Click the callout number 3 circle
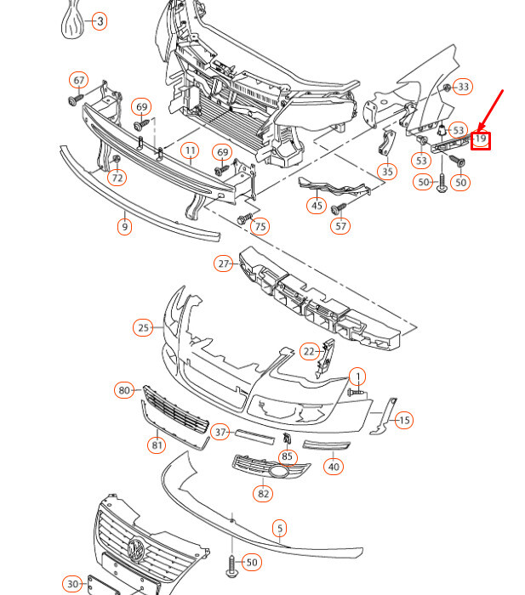(100, 21)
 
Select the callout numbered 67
(78, 81)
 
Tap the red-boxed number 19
(481, 139)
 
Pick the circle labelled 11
(189, 151)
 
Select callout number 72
(117, 178)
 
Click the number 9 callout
(124, 227)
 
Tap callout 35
(387, 172)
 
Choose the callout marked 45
(317, 206)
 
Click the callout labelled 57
(340, 226)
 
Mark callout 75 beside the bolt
(260, 226)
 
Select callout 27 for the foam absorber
(224, 263)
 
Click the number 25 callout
(143, 327)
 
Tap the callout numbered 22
(309, 350)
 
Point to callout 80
(125, 390)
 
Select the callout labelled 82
(263, 493)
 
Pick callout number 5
(280, 529)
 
